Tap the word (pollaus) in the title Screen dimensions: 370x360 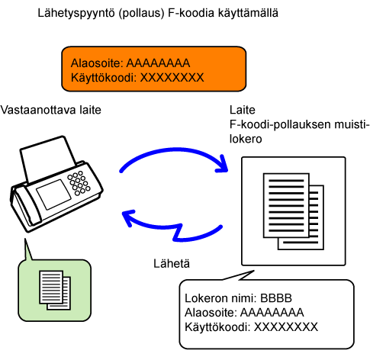pyautogui.click(x=141, y=13)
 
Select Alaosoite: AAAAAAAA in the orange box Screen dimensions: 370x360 pyautogui.click(x=130, y=63)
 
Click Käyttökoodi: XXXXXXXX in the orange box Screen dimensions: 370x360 pyautogui.click(x=137, y=77)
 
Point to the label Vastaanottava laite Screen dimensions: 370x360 pyautogui.click(x=50, y=110)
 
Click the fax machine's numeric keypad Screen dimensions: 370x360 pyautogui.click(x=79, y=183)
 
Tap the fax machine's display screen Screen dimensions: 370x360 pyautogui.click(x=53, y=194)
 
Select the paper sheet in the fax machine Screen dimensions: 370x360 pyautogui.click(x=47, y=159)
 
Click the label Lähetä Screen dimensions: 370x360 pyautogui.click(x=172, y=263)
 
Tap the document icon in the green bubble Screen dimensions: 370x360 pyautogui.click(x=55, y=290)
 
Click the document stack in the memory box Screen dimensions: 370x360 pyautogui.click(x=294, y=211)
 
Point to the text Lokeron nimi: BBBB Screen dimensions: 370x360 pyautogui.click(x=238, y=298)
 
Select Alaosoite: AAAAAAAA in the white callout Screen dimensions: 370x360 pyautogui.click(x=244, y=313)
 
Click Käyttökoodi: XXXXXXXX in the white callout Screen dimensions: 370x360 pyautogui.click(x=251, y=327)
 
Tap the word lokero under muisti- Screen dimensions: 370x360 pyautogui.click(x=246, y=139)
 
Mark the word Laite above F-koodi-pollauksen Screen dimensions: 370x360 pyautogui.click(x=243, y=110)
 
